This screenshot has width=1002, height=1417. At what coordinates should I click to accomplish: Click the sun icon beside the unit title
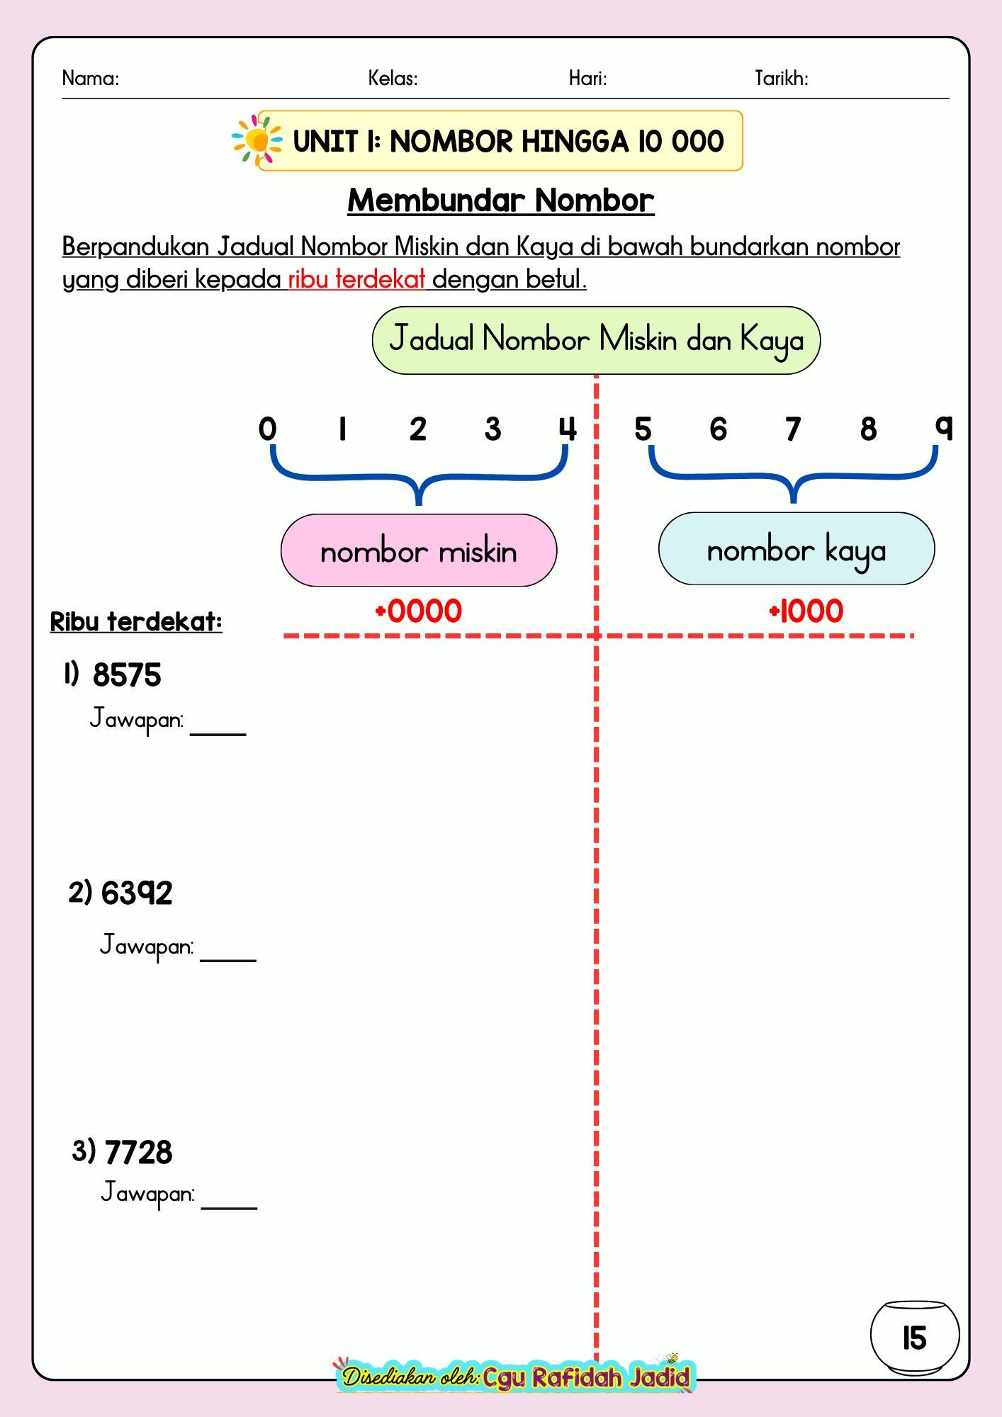257,141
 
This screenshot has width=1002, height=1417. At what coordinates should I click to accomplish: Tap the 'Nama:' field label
91,78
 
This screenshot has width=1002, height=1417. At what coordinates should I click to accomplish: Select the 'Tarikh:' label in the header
782,78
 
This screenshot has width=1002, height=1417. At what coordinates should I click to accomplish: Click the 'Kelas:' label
393,78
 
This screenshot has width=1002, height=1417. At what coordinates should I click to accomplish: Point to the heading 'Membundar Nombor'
501,201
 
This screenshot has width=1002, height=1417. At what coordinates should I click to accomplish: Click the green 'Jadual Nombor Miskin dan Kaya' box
596,340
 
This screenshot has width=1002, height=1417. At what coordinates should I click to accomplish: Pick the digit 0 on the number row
267,429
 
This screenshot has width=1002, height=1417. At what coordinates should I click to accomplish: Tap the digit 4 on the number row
568,429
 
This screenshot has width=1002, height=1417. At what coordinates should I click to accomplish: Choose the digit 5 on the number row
643,429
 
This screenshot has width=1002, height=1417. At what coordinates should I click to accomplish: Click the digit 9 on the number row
944,428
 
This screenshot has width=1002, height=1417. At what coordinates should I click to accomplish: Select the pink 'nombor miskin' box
419,551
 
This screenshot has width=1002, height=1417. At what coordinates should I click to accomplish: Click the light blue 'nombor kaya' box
796,549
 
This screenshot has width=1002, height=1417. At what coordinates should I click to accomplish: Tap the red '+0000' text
418,611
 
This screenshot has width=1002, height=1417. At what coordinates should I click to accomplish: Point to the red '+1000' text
806,611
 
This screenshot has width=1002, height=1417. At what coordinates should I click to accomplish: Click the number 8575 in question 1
127,675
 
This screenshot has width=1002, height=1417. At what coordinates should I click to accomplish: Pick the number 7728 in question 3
138,1153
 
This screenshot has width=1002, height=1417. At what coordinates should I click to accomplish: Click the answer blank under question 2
228,960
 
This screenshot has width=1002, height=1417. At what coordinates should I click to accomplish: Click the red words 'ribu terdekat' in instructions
356,280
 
